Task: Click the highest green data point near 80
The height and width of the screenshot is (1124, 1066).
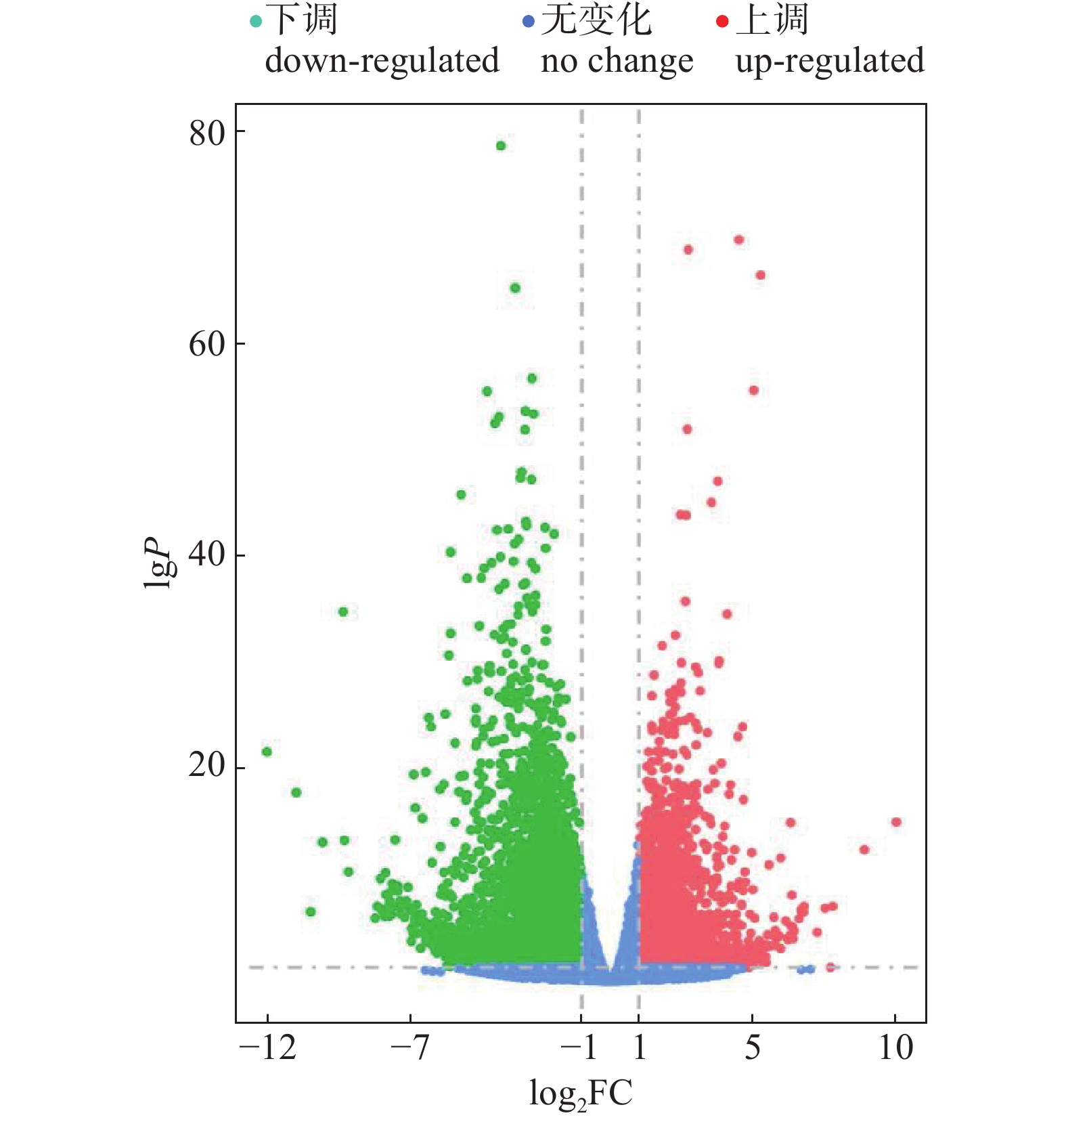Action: pos(501,146)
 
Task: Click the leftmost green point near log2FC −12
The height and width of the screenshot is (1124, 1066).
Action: pos(267,752)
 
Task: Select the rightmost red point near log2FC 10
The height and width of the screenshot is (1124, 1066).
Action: pos(896,822)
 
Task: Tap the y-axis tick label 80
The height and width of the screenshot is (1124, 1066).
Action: pos(207,133)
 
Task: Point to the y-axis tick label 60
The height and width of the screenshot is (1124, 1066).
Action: pos(207,345)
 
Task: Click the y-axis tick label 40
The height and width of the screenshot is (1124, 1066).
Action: pos(207,555)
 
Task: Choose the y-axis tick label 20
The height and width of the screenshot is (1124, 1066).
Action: pos(207,766)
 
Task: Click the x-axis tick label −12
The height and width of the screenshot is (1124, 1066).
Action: pos(268,1048)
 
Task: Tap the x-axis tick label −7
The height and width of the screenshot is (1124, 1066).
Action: pos(410,1048)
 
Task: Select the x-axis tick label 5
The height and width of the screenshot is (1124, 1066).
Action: pos(753,1048)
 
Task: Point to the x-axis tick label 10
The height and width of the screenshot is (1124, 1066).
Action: pos(895,1048)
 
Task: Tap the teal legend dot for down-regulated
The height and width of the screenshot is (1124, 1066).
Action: pos(256,22)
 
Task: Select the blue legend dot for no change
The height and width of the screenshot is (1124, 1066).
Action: pos(529,22)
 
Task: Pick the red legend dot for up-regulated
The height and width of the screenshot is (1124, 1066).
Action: pos(722,22)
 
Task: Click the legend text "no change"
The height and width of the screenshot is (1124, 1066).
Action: pos(617,61)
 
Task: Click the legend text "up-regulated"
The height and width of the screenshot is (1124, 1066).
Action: pos(829,61)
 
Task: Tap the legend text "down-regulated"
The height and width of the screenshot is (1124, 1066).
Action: pos(382,61)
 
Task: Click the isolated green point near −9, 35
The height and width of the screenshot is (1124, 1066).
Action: pos(343,611)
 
